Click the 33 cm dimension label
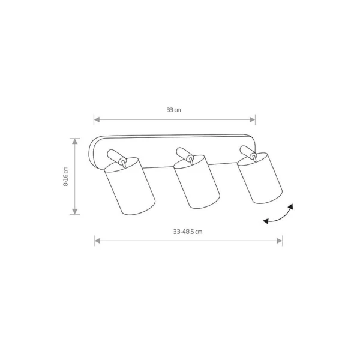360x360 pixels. click(x=174, y=110)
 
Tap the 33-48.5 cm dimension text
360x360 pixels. click(x=188, y=232)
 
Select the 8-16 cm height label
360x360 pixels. click(x=65, y=176)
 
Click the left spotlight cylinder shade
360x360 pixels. click(x=130, y=186)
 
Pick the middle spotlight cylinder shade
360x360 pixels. click(x=197, y=182)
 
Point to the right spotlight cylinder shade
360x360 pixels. click(x=260, y=178)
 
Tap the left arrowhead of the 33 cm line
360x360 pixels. click(x=97, y=119)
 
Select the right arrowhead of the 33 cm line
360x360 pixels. click(x=253, y=119)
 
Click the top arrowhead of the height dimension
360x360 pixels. click(x=75, y=142)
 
